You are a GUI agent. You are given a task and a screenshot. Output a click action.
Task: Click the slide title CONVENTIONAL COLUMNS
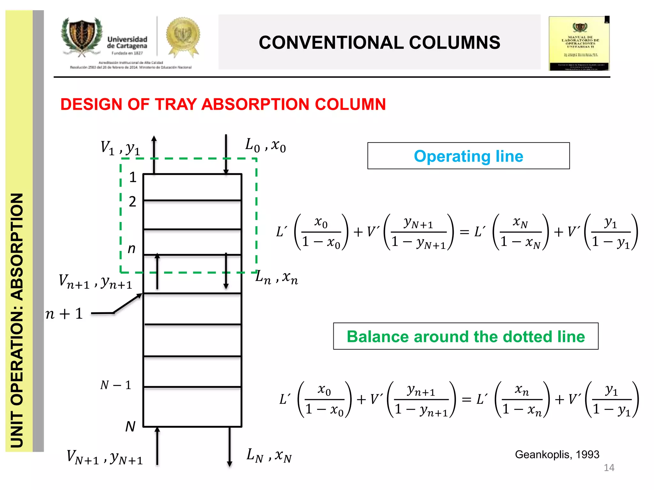[x=379, y=42]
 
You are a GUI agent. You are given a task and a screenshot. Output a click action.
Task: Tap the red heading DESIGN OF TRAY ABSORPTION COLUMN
[x=223, y=104]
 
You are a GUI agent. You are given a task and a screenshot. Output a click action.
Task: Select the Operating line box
[x=468, y=156]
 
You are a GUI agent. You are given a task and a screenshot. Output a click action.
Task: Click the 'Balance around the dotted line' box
[x=466, y=337]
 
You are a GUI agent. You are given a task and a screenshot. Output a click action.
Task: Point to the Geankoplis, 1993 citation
[x=557, y=454]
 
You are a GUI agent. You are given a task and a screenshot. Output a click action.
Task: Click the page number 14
[x=609, y=468]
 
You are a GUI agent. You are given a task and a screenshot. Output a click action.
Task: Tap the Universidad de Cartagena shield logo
[x=82, y=37]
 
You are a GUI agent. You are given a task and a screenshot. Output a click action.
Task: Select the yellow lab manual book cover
[x=579, y=43]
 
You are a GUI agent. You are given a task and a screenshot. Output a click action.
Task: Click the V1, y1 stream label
[x=120, y=148]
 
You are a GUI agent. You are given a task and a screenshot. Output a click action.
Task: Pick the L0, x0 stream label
[x=265, y=145]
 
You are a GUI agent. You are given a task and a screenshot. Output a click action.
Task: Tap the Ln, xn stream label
[x=277, y=277]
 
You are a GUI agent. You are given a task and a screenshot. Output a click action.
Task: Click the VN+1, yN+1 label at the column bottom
[x=105, y=457]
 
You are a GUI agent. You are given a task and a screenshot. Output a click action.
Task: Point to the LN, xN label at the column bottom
[x=269, y=455]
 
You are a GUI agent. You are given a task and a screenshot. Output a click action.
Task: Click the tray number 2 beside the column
[x=133, y=202]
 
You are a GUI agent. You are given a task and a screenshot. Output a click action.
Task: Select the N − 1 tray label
[x=116, y=385]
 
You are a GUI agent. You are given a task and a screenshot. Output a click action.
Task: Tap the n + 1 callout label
[x=64, y=314]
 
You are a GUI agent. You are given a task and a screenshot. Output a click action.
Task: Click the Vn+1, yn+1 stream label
[x=95, y=282]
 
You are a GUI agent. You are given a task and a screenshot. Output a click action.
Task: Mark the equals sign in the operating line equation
[x=464, y=232]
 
